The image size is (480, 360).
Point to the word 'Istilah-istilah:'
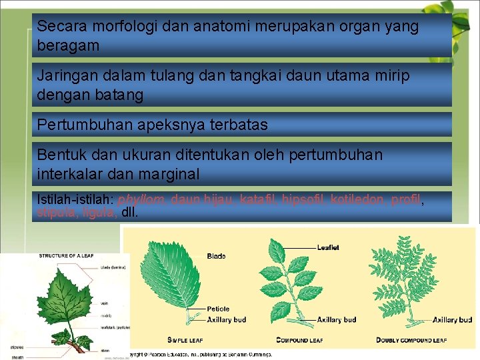[75, 199]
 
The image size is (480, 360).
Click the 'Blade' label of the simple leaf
[216, 256]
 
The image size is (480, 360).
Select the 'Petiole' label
[218, 309]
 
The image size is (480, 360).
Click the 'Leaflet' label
[328, 247]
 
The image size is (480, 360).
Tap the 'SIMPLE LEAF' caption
[185, 340]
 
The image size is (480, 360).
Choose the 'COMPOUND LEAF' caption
[299, 340]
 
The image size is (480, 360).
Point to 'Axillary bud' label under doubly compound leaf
[453, 320]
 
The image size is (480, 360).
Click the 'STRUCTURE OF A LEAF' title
[67, 255]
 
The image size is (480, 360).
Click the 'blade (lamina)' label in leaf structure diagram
[114, 267]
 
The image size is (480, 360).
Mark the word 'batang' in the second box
[121, 95]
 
